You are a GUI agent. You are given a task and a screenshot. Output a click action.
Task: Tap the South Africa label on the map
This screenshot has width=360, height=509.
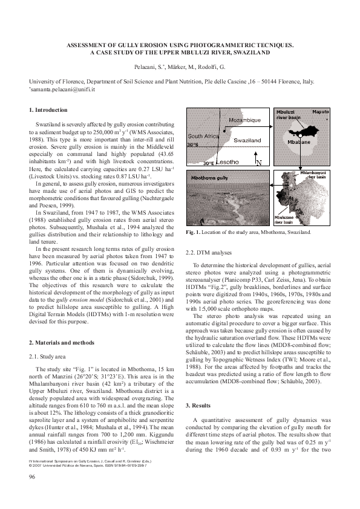(x=202, y=137)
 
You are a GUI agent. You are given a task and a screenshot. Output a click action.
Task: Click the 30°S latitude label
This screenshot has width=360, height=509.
(x=192, y=145)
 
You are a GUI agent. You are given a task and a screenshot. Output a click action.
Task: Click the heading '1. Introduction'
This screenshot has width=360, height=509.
(x=49, y=110)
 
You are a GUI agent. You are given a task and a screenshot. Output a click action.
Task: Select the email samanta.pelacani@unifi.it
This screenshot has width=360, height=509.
(x=61, y=89)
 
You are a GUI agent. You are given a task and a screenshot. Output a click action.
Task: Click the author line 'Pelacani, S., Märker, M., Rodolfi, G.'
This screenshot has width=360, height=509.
(x=180, y=66)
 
